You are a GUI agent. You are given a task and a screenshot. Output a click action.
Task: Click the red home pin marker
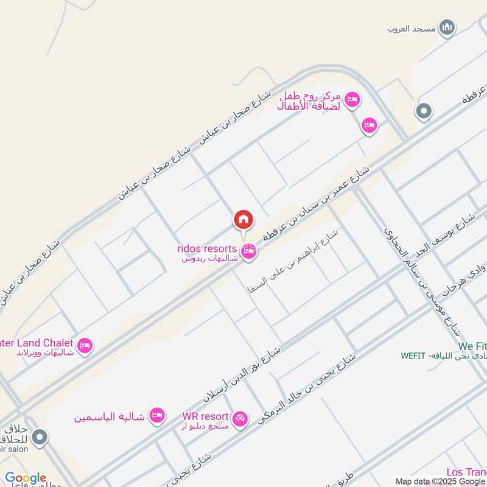click(243, 220)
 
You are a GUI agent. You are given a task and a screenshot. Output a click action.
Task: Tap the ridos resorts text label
click(206, 248)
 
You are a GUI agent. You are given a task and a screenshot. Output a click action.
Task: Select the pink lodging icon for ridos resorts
click(248, 251)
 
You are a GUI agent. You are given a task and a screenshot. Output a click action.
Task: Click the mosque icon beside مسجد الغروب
click(448, 27)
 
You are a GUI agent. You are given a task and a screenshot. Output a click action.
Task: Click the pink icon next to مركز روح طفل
click(352, 99)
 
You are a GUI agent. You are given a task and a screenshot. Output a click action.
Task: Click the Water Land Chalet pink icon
click(85, 345)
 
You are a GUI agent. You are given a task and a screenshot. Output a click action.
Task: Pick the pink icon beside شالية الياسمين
click(157, 415)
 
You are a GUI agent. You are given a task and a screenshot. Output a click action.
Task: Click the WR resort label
click(205, 417)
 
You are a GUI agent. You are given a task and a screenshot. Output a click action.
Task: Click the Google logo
click(26, 478)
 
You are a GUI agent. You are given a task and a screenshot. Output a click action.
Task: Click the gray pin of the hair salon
click(40, 437)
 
